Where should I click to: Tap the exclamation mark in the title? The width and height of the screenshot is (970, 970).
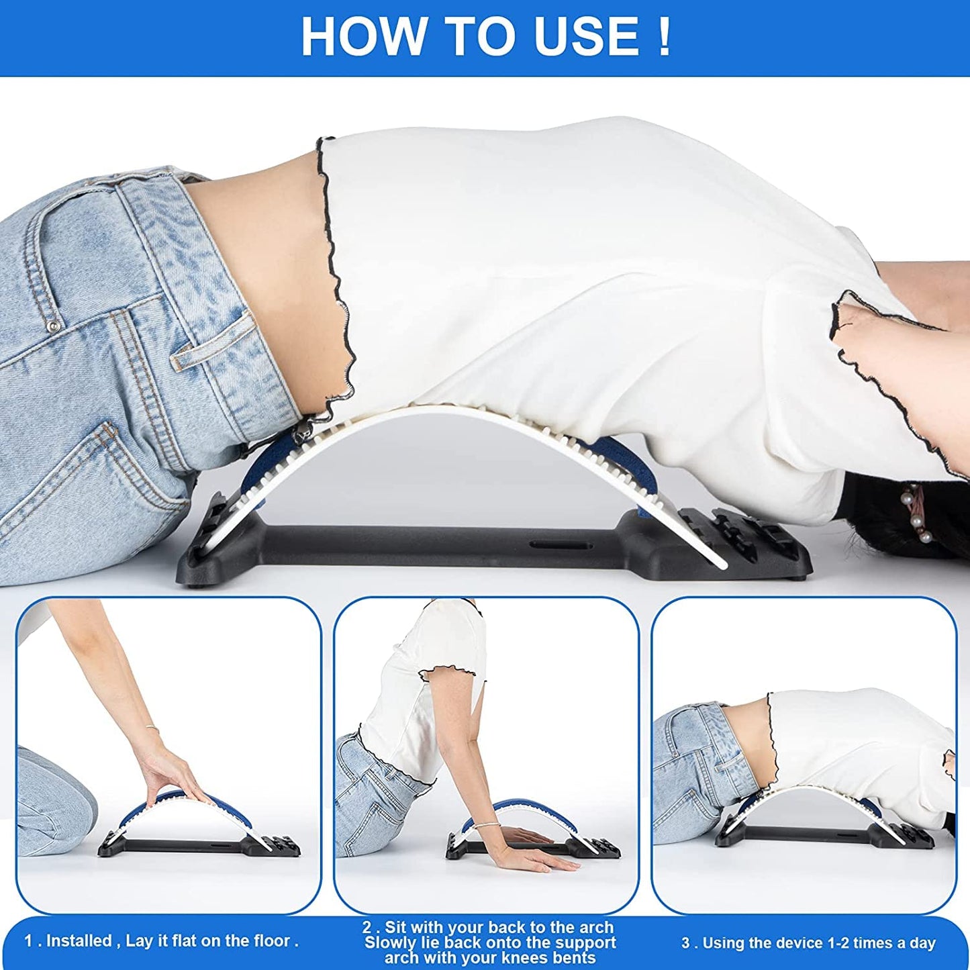[663, 37]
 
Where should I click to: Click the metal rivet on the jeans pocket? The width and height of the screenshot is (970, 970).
[54, 326]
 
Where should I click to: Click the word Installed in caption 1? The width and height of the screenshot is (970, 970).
[78, 941]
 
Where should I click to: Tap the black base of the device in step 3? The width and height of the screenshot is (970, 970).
[806, 836]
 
